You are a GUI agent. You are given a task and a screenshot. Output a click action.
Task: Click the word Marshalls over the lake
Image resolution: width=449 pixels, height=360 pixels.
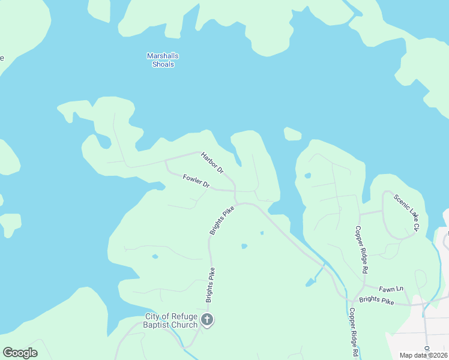[x=163, y=56]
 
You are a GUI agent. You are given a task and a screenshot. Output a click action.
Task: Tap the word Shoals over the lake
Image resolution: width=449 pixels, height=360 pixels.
[x=163, y=64]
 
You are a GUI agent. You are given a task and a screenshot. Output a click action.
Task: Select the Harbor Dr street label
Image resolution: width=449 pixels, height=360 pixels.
[x=212, y=162]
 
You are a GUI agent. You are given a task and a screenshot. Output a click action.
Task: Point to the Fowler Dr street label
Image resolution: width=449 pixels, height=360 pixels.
[x=196, y=181]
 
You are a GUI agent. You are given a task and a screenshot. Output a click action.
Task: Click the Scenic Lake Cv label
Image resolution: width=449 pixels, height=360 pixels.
[x=406, y=212]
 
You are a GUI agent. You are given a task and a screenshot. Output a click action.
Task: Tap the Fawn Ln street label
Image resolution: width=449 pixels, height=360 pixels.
[x=390, y=289]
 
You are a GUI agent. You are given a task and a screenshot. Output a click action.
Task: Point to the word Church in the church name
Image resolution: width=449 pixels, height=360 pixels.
[x=184, y=325]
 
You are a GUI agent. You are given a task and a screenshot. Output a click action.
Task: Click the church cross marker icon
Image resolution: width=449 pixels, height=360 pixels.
[x=207, y=320]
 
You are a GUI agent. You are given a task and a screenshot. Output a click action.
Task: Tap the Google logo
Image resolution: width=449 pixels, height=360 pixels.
[x=20, y=353]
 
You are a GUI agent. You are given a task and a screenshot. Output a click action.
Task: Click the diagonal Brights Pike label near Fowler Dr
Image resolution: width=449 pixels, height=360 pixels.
[x=221, y=220]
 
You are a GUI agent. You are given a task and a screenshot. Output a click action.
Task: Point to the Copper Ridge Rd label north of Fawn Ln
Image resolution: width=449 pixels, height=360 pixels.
[x=361, y=249]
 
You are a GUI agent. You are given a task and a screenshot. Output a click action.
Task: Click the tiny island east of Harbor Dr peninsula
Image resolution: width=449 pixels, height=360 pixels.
[x=292, y=134]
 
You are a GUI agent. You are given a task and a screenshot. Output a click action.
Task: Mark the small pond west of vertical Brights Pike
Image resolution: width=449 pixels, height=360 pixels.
[x=155, y=257]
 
